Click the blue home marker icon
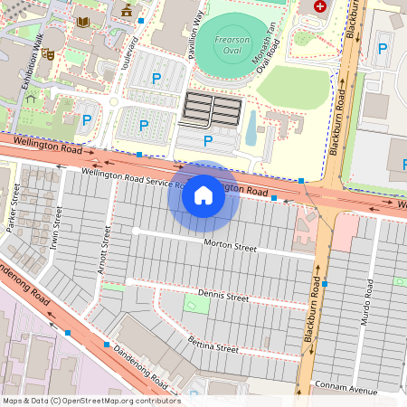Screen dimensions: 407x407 point(203,195)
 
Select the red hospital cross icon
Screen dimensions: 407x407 point(318,6)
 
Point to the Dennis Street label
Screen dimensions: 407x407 point(222,296)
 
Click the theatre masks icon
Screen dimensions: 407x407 point(48,55)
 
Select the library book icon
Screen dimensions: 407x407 point(83,21)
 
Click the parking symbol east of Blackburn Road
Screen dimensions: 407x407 point(383,48)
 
